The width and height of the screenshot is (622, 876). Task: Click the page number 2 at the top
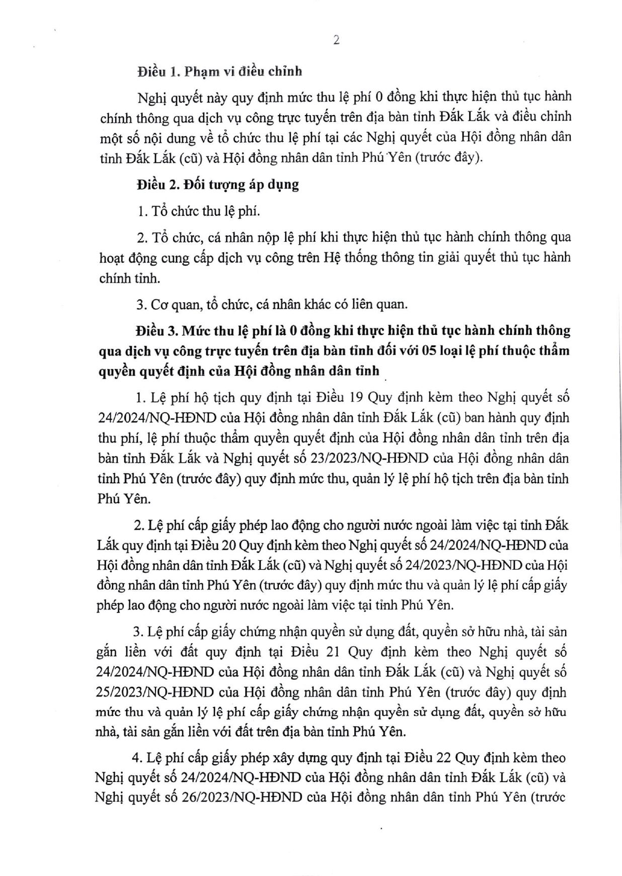(x=336, y=41)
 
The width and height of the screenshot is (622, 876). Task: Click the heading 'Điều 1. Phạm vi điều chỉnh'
(x=219, y=71)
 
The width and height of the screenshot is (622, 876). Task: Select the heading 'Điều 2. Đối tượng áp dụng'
(x=217, y=185)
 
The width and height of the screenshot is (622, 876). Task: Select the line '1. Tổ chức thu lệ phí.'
(x=199, y=211)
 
